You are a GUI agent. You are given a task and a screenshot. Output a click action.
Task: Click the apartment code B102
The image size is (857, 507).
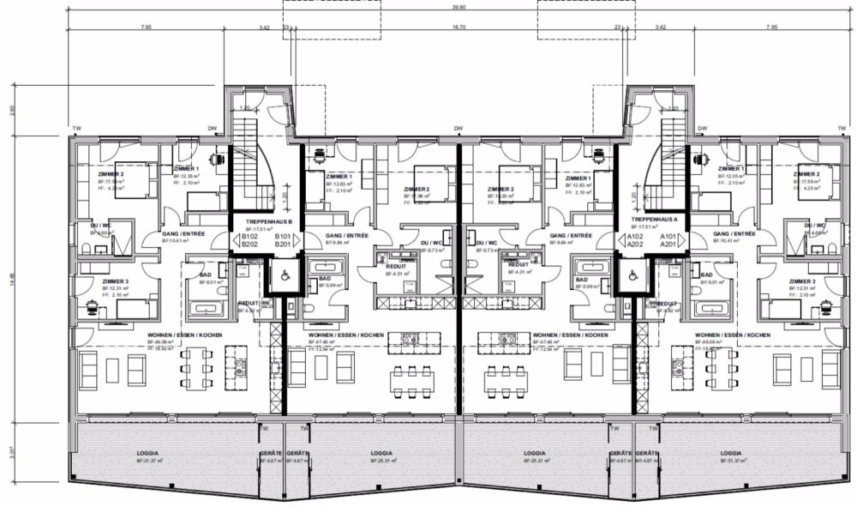click(249, 236)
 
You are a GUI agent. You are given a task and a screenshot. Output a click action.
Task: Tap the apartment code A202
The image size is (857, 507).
click(635, 244)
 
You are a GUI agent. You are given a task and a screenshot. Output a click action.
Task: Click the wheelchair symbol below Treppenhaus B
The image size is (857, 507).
click(279, 275)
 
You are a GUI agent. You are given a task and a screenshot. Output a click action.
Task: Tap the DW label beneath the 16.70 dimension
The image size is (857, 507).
click(458, 130)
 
